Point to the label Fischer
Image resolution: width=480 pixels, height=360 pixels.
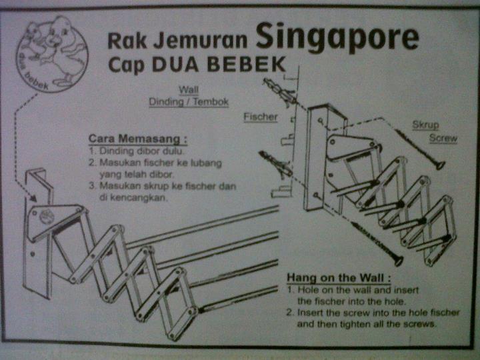pyautogui.click(x=260, y=117)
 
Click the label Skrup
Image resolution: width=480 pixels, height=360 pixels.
pyautogui.click(x=425, y=125)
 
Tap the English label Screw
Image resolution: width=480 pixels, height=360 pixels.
pyautogui.click(x=443, y=139)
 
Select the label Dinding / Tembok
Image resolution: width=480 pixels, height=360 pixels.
pyautogui.click(x=189, y=102)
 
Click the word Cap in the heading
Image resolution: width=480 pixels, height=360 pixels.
pyautogui.click(x=127, y=67)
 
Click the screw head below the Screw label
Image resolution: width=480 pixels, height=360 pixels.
pyautogui.click(x=440, y=165)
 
